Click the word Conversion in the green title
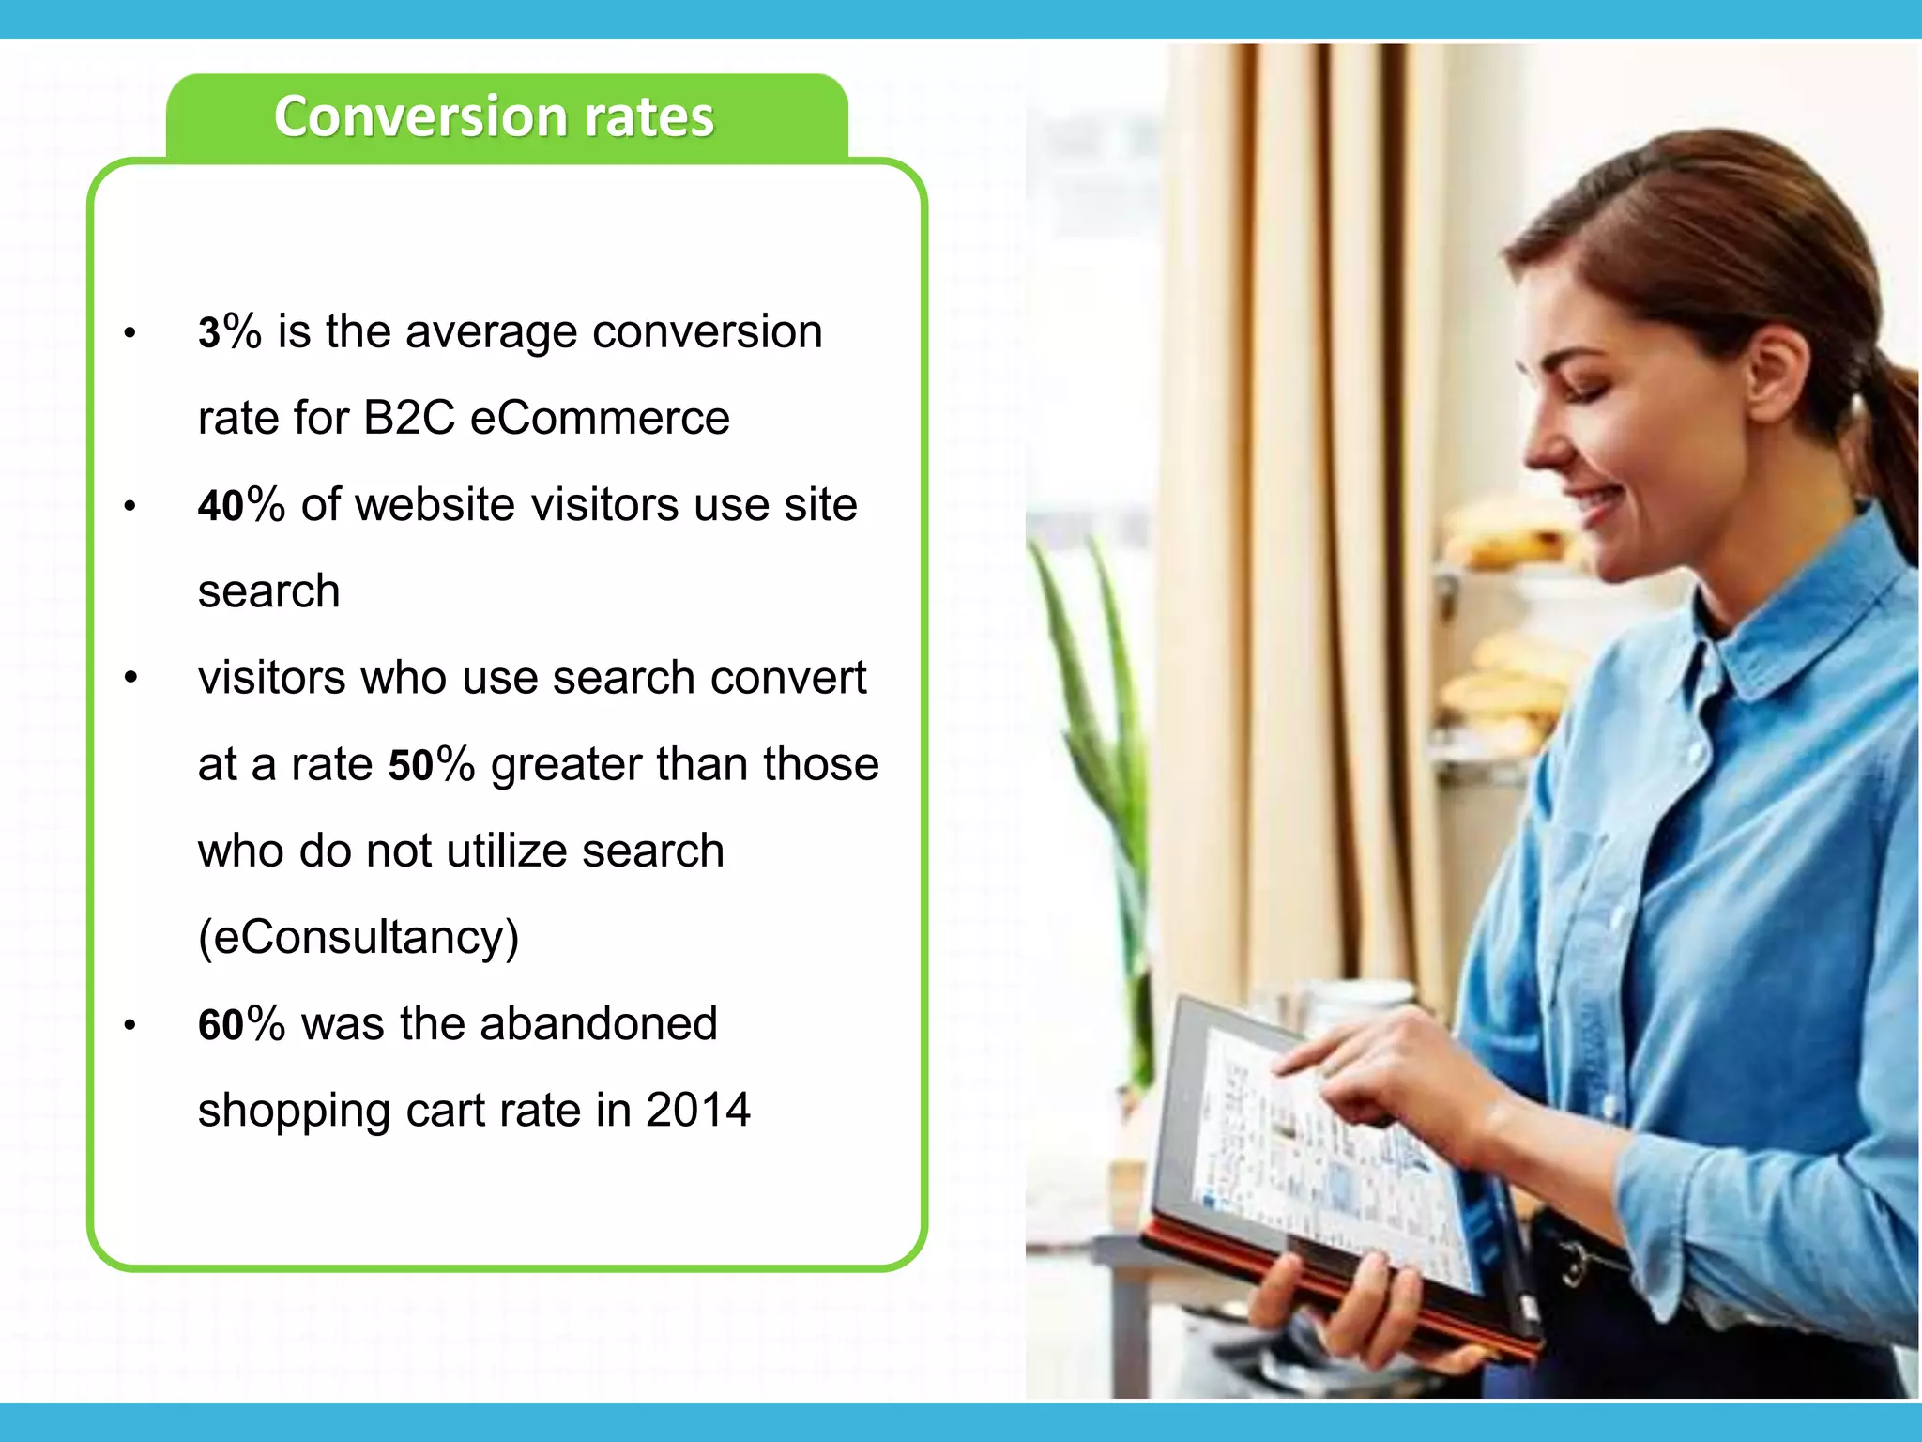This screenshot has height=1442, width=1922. point(420,117)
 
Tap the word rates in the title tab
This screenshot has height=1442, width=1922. point(648,117)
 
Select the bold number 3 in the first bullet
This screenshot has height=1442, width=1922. point(208,333)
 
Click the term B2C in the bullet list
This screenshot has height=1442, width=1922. point(409,418)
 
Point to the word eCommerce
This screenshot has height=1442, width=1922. point(600,418)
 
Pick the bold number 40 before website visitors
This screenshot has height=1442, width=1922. point(221,506)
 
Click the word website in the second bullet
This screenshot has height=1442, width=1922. point(435,505)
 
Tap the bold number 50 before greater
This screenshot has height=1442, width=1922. point(411,765)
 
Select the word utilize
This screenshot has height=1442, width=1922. point(507,851)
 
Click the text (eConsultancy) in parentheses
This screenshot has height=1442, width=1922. point(358,937)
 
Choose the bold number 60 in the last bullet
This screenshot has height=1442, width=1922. point(221,1024)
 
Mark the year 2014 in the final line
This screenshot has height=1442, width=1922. point(698,1111)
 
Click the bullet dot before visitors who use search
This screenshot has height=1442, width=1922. point(130,678)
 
